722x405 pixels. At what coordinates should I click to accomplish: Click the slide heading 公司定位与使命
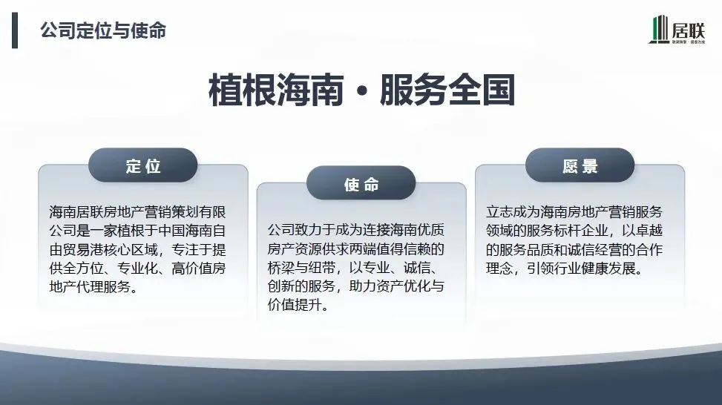[102, 30]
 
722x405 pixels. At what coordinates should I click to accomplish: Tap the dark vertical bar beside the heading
[15, 31]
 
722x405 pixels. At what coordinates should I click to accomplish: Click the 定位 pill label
[142, 166]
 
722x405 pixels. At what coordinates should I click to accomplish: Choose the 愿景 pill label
[580, 166]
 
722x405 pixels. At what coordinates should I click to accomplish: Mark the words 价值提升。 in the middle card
[297, 304]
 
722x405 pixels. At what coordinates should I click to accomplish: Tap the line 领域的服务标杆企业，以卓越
[574, 231]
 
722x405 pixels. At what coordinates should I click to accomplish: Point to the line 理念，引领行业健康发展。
[564, 268]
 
